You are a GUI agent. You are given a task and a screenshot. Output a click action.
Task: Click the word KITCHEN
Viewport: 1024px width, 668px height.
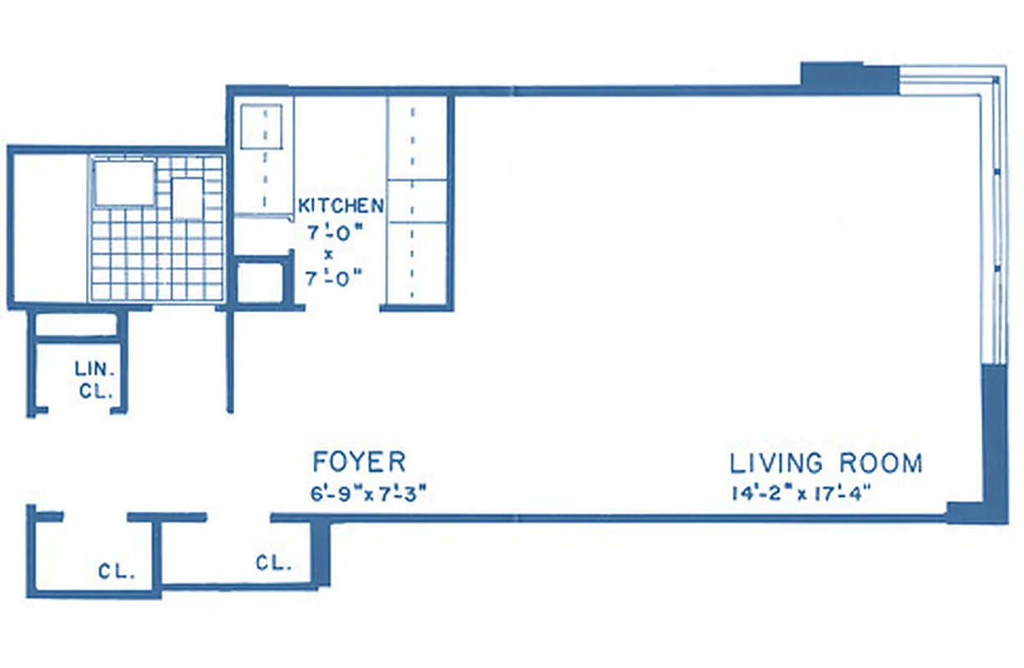[x=342, y=205]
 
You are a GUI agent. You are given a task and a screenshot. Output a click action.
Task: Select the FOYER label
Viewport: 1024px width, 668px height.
[x=359, y=462]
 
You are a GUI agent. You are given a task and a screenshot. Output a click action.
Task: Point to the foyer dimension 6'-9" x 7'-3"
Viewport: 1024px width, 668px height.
[x=368, y=493]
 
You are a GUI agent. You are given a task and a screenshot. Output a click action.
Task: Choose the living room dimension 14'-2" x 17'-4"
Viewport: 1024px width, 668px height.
[x=799, y=493]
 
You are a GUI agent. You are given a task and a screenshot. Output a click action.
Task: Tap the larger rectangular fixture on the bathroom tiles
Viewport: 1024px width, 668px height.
[x=124, y=183]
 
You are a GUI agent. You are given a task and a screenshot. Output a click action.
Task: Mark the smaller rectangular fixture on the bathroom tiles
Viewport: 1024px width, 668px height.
[x=187, y=198]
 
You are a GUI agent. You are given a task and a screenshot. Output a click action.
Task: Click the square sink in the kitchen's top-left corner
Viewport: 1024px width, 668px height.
[x=261, y=126]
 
